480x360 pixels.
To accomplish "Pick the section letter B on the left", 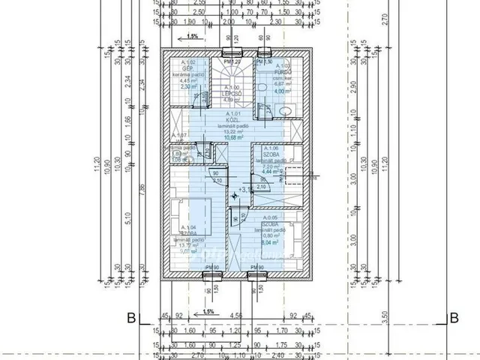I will (x=130, y=317).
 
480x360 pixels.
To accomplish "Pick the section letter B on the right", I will (x=453, y=317).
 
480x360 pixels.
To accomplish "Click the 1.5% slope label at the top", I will (x=193, y=36).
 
